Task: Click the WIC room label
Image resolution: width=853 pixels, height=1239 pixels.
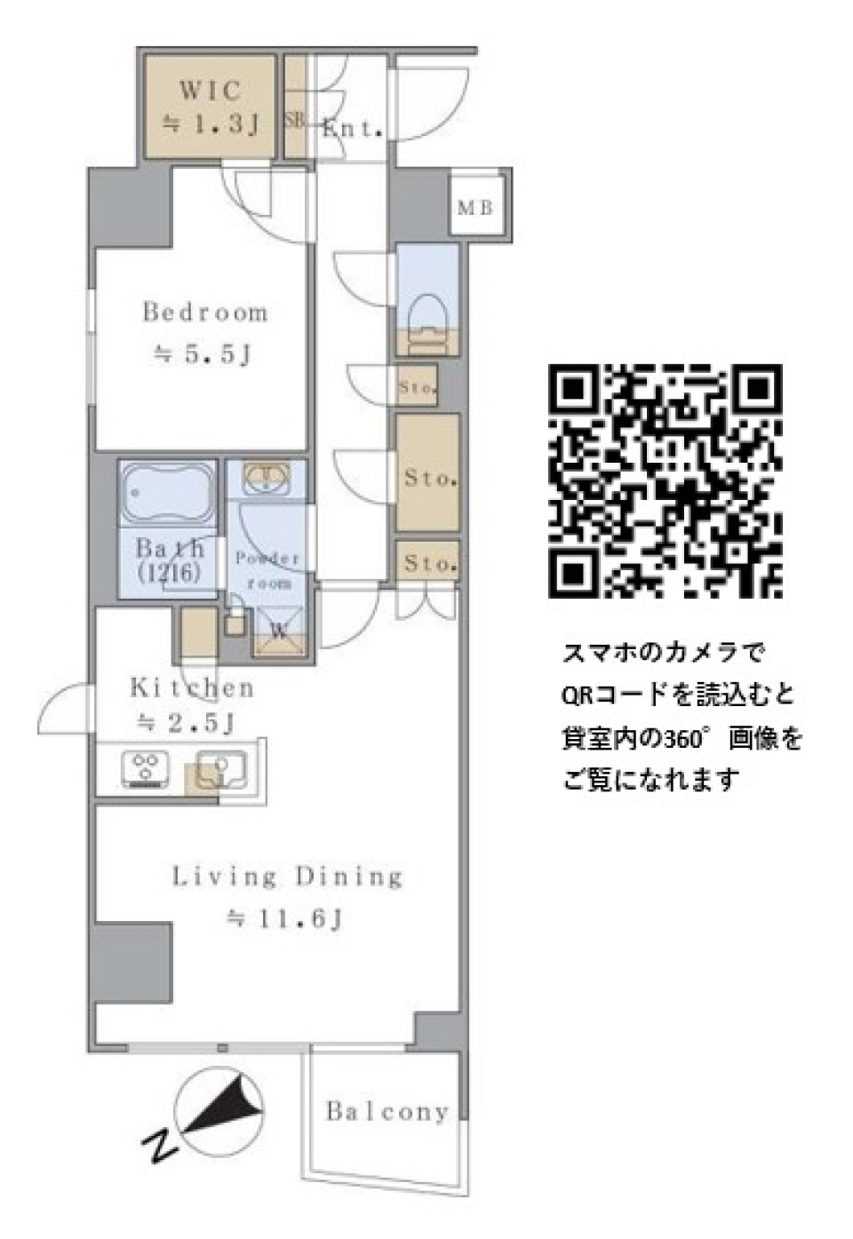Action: pyautogui.click(x=210, y=91)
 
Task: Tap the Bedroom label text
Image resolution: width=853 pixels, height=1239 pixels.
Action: pyautogui.click(x=205, y=313)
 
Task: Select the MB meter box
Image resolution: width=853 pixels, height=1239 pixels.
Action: pyautogui.click(x=474, y=209)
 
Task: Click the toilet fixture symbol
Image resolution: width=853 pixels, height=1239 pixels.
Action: pyautogui.click(x=426, y=314)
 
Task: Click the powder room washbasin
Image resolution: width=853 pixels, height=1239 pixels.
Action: pyautogui.click(x=264, y=478)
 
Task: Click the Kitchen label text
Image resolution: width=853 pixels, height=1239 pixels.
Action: pyautogui.click(x=192, y=687)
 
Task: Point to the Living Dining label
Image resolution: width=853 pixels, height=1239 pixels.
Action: pyautogui.click(x=287, y=878)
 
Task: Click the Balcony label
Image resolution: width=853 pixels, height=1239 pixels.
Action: pyautogui.click(x=387, y=1111)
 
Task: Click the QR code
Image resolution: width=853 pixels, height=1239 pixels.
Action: pyautogui.click(x=665, y=481)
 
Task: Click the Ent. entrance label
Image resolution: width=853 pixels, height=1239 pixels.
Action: pyautogui.click(x=353, y=129)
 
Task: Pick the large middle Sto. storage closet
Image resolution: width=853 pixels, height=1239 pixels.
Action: pyautogui.click(x=429, y=477)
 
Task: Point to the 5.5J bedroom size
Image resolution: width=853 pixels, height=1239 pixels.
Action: pyautogui.click(x=204, y=356)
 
